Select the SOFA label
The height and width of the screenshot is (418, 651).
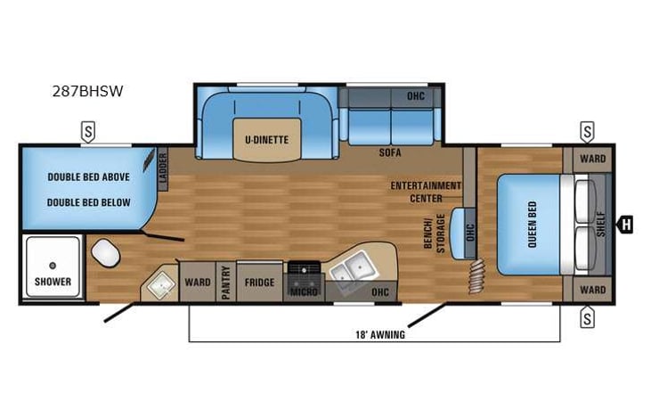[x=389, y=152]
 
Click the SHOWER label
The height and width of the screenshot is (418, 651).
[x=53, y=282]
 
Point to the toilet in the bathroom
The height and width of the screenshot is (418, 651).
[x=105, y=254]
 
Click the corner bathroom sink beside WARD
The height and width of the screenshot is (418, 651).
[x=159, y=283]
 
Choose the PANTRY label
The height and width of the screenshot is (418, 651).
[x=226, y=283]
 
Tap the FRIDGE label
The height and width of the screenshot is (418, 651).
[x=260, y=283]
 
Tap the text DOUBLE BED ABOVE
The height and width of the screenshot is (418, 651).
[x=88, y=177]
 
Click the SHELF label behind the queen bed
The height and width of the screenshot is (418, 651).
[x=600, y=224]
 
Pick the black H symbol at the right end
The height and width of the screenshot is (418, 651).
[x=626, y=225]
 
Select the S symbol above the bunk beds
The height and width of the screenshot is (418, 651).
[x=89, y=131]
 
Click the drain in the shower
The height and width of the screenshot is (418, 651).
[x=53, y=265]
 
